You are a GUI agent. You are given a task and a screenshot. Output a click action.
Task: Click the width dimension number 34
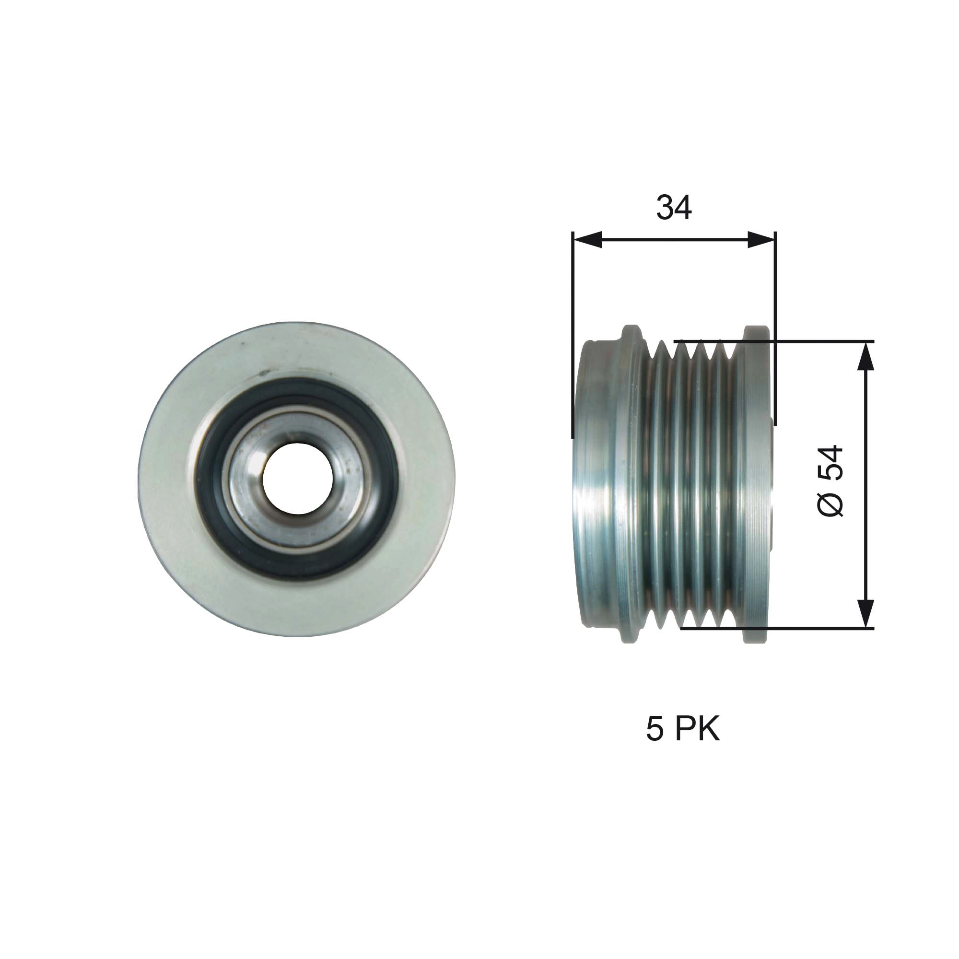pos(674,208)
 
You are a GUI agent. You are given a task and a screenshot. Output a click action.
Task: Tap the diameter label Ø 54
pos(830,481)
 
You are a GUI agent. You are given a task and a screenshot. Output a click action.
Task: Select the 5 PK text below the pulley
pos(682,729)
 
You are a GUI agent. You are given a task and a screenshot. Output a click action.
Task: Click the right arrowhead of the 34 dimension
pos(760,240)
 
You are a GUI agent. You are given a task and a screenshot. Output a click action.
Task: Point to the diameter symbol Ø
pos(830,505)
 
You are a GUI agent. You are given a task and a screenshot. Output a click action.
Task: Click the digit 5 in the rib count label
pos(654,729)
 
